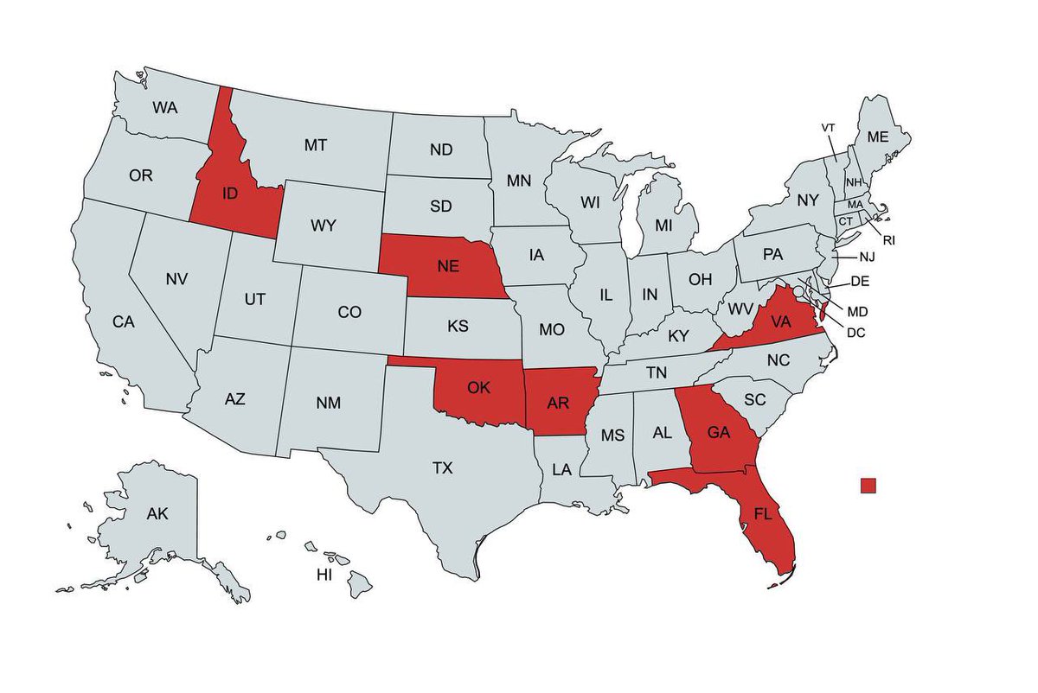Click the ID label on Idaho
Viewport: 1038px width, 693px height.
[229, 193]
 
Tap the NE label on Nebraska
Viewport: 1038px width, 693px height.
[447, 266]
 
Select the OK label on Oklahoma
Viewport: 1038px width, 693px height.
[478, 387]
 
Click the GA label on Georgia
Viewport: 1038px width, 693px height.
[718, 434]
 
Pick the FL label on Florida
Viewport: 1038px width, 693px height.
[762, 514]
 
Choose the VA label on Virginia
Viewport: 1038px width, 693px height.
[781, 321]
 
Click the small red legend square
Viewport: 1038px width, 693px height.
[868, 486]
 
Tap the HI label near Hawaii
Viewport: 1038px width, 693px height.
[324, 575]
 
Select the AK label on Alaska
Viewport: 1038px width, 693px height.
[157, 514]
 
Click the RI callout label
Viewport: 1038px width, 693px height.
[888, 239]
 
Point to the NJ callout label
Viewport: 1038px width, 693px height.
[868, 257]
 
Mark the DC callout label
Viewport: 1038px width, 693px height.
[856, 332]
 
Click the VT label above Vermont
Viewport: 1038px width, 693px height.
[828, 128]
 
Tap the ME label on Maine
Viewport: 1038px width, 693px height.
[877, 137]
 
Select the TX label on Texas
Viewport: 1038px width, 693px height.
[442, 468]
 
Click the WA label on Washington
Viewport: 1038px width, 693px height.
[165, 108]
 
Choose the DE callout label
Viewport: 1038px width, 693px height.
[860, 281]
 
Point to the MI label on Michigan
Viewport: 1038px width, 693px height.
[663, 225]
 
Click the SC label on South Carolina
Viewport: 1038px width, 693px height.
[755, 400]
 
